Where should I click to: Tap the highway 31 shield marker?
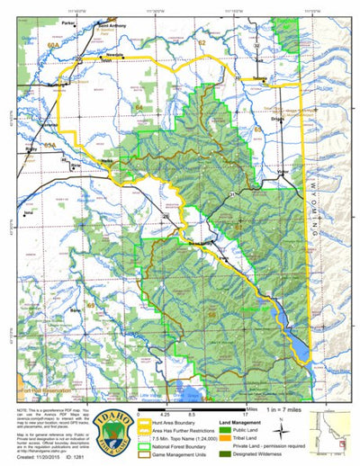pyautogui.click(x=231, y=195)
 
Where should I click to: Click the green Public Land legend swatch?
pyautogui.click(x=248, y=431)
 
